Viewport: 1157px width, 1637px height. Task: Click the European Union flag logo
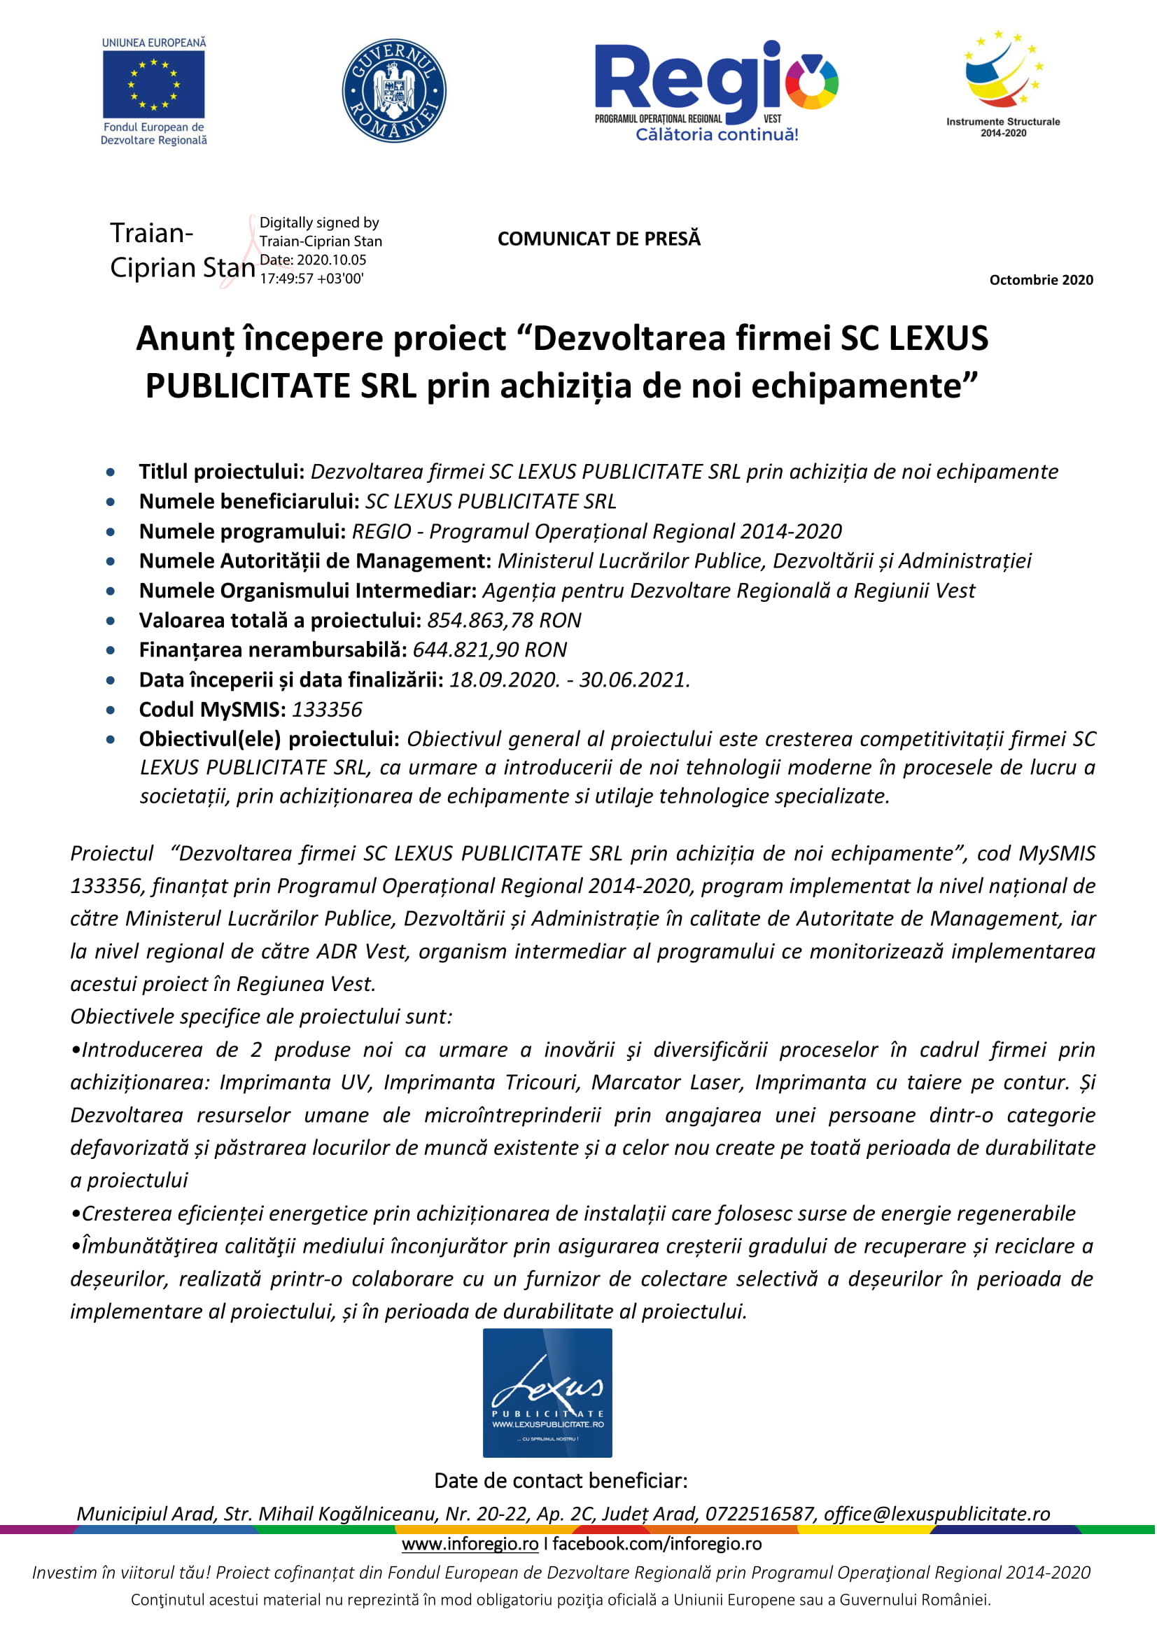pos(153,85)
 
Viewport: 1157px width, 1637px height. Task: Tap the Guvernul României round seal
pos(394,90)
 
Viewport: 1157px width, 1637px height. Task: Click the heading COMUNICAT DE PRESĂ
pos(599,239)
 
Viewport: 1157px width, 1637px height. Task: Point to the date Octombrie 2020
pos(1041,280)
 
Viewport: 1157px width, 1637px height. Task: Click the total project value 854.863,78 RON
pos(504,620)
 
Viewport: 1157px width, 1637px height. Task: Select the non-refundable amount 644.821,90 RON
pos(490,649)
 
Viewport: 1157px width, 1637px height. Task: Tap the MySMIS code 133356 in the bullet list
pos(327,710)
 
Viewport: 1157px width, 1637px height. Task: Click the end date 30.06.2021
pos(633,680)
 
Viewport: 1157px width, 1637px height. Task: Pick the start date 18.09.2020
pos(504,680)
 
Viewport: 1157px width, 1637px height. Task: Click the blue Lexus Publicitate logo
pos(547,1393)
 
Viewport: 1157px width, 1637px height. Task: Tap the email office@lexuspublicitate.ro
pos(937,1514)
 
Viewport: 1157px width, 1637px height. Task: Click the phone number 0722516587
pos(760,1514)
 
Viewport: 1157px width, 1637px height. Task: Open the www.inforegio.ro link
pos(470,1544)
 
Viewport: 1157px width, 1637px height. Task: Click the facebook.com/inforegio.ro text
pos(657,1544)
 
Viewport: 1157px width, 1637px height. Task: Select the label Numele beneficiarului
pos(249,501)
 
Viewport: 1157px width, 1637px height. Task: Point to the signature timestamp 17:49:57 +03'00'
pos(311,279)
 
